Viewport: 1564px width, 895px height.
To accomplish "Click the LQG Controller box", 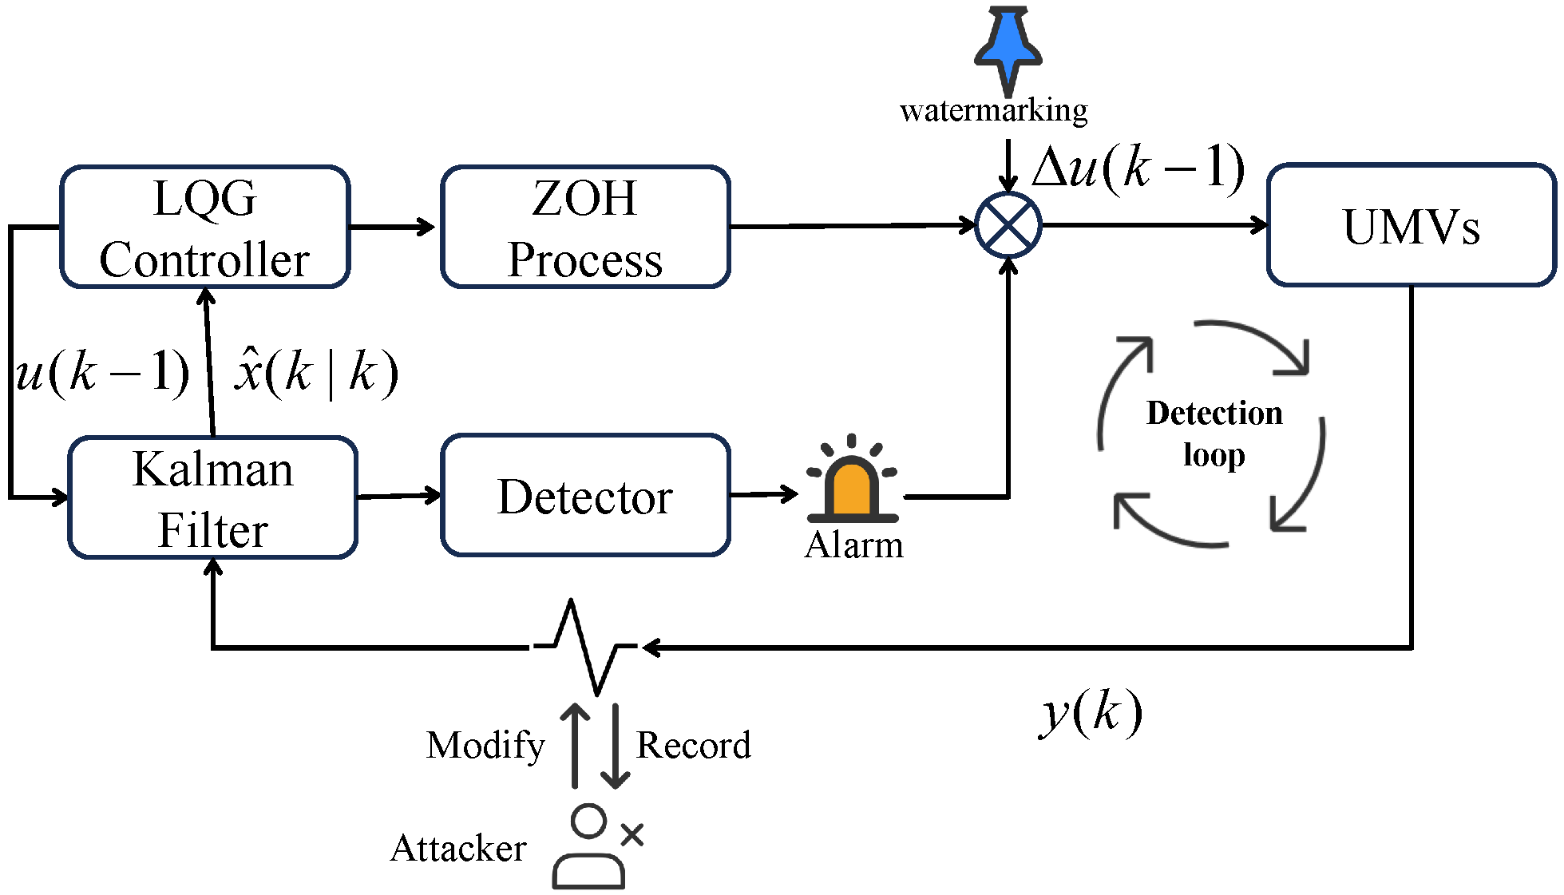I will click(x=205, y=228).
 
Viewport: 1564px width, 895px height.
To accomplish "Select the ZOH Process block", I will click(x=585, y=228).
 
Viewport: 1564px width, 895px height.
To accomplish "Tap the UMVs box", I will click(x=1411, y=226).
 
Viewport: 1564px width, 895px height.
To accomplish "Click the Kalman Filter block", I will click(x=212, y=497).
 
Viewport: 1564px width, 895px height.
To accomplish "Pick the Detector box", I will click(x=585, y=496).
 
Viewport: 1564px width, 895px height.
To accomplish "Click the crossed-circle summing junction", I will click(x=1008, y=225).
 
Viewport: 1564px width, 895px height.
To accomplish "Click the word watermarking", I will click(x=993, y=110).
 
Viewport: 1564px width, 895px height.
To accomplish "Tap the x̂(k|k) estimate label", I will click(x=316, y=372).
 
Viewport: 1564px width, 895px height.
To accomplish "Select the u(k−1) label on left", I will click(x=102, y=372).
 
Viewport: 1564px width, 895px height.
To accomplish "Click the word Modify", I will click(x=485, y=745).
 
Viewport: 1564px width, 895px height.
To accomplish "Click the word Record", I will click(x=693, y=745).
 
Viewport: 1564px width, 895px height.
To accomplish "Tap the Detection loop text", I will click(x=1214, y=434).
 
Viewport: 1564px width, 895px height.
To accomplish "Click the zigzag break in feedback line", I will click(x=584, y=647).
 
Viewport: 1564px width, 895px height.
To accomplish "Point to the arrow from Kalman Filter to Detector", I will click(x=398, y=496).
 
